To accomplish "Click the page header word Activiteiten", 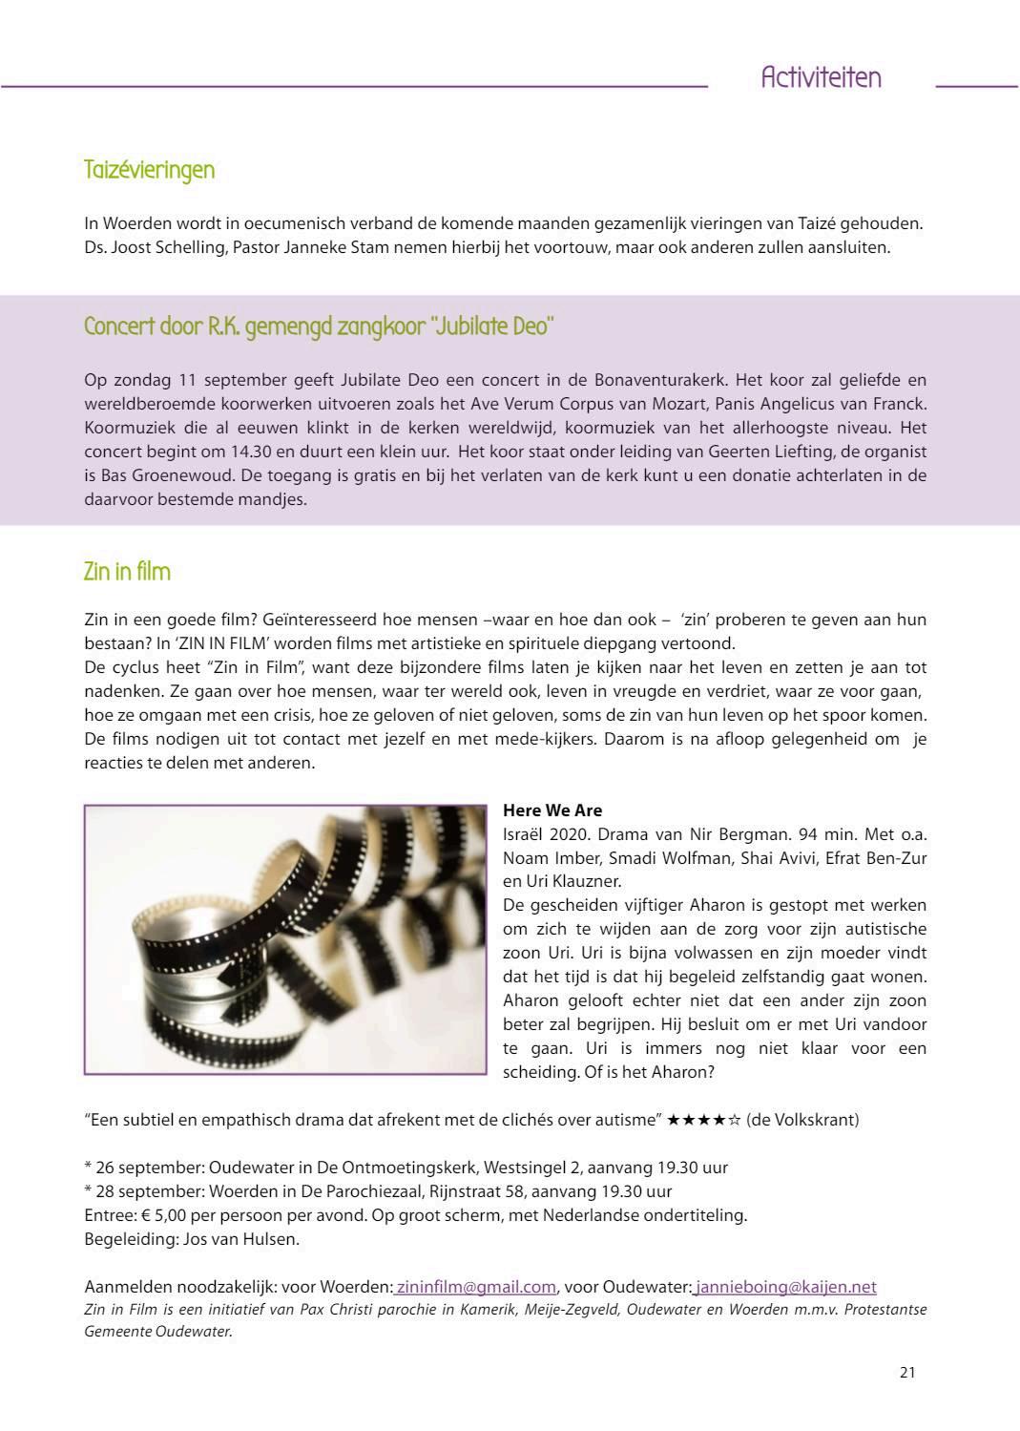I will click(x=821, y=78).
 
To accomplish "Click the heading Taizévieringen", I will click(x=149, y=170).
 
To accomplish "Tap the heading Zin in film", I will click(x=127, y=572).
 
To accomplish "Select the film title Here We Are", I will click(x=552, y=810).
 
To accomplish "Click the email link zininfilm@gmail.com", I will click(x=475, y=1286).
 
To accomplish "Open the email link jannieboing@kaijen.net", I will click(x=785, y=1286).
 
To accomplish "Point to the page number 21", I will click(x=906, y=1372).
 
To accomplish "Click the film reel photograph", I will click(x=285, y=939).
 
